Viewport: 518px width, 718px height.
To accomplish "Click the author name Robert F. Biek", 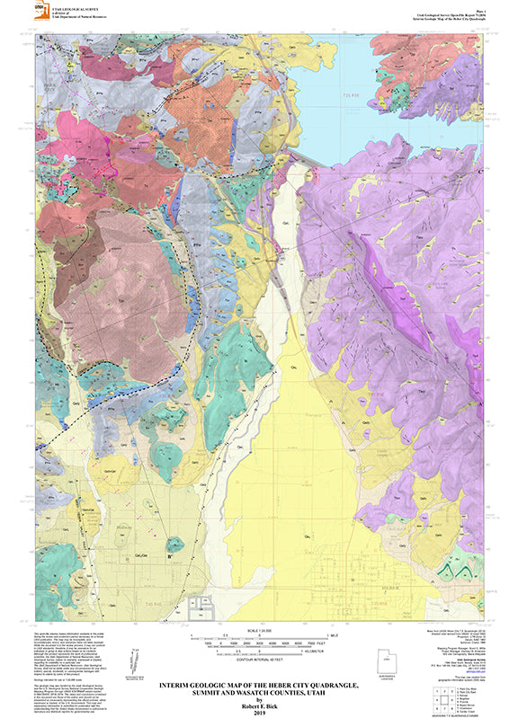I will coord(259,703).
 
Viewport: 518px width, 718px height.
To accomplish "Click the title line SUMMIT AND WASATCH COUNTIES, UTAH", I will coord(259,693).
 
